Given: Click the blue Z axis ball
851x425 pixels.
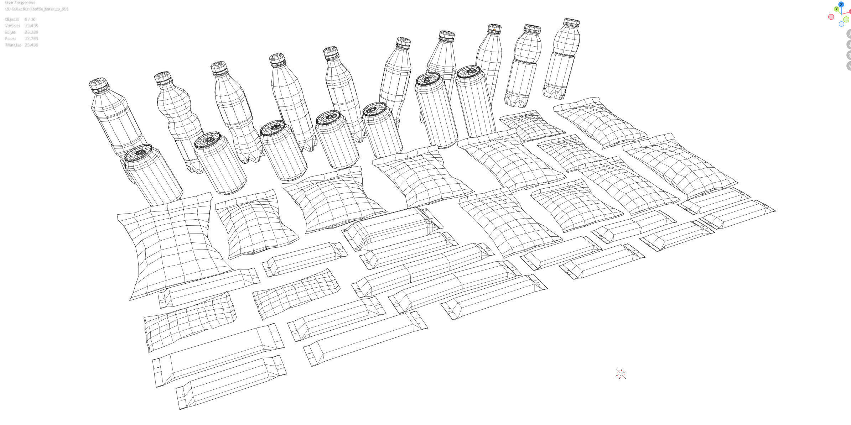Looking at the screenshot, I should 841,5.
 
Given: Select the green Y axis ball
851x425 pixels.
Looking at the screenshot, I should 836,9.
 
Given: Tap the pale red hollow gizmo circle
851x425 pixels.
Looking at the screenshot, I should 831,17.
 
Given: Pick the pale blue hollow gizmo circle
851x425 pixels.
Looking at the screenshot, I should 841,24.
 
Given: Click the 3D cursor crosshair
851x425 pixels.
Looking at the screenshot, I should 620,374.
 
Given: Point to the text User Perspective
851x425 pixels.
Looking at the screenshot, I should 20,2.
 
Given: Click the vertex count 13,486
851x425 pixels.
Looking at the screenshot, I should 31,26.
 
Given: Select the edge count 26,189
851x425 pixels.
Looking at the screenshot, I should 31,32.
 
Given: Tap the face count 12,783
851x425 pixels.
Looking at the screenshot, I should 31,38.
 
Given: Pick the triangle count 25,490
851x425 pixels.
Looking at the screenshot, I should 31,45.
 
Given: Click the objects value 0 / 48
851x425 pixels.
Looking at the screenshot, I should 30,19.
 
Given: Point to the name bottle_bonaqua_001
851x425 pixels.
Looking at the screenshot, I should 50,9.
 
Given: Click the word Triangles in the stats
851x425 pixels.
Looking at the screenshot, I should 13,45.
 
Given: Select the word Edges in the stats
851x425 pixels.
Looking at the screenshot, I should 10,32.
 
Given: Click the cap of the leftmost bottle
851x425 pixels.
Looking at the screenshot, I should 98,83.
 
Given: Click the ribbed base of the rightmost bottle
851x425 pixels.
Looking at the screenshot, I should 554,92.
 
